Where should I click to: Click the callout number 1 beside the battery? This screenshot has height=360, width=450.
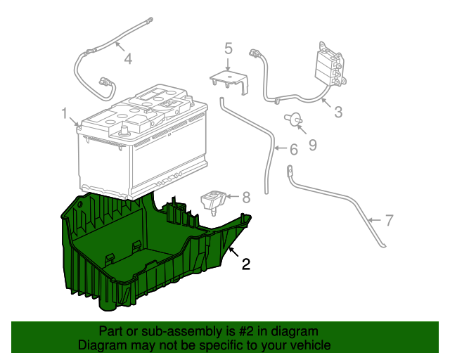65,113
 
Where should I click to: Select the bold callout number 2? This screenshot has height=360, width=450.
246,264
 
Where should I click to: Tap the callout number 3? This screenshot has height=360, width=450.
338,112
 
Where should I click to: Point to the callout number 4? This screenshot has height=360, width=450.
128,59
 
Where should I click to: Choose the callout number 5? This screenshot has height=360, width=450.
228,49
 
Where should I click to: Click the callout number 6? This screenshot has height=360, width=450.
294,149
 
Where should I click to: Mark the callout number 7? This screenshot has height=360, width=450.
389,220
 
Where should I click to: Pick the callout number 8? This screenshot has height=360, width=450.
246,198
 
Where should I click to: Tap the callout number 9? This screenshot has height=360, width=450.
312,145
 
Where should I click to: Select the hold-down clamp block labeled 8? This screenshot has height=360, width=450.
214,201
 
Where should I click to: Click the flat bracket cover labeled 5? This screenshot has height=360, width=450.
229,82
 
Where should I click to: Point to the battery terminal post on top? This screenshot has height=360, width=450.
125,130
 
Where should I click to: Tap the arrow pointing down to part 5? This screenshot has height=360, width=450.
228,64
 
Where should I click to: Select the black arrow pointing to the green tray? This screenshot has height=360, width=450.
233,252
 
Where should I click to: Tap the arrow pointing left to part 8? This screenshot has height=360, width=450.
233,197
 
